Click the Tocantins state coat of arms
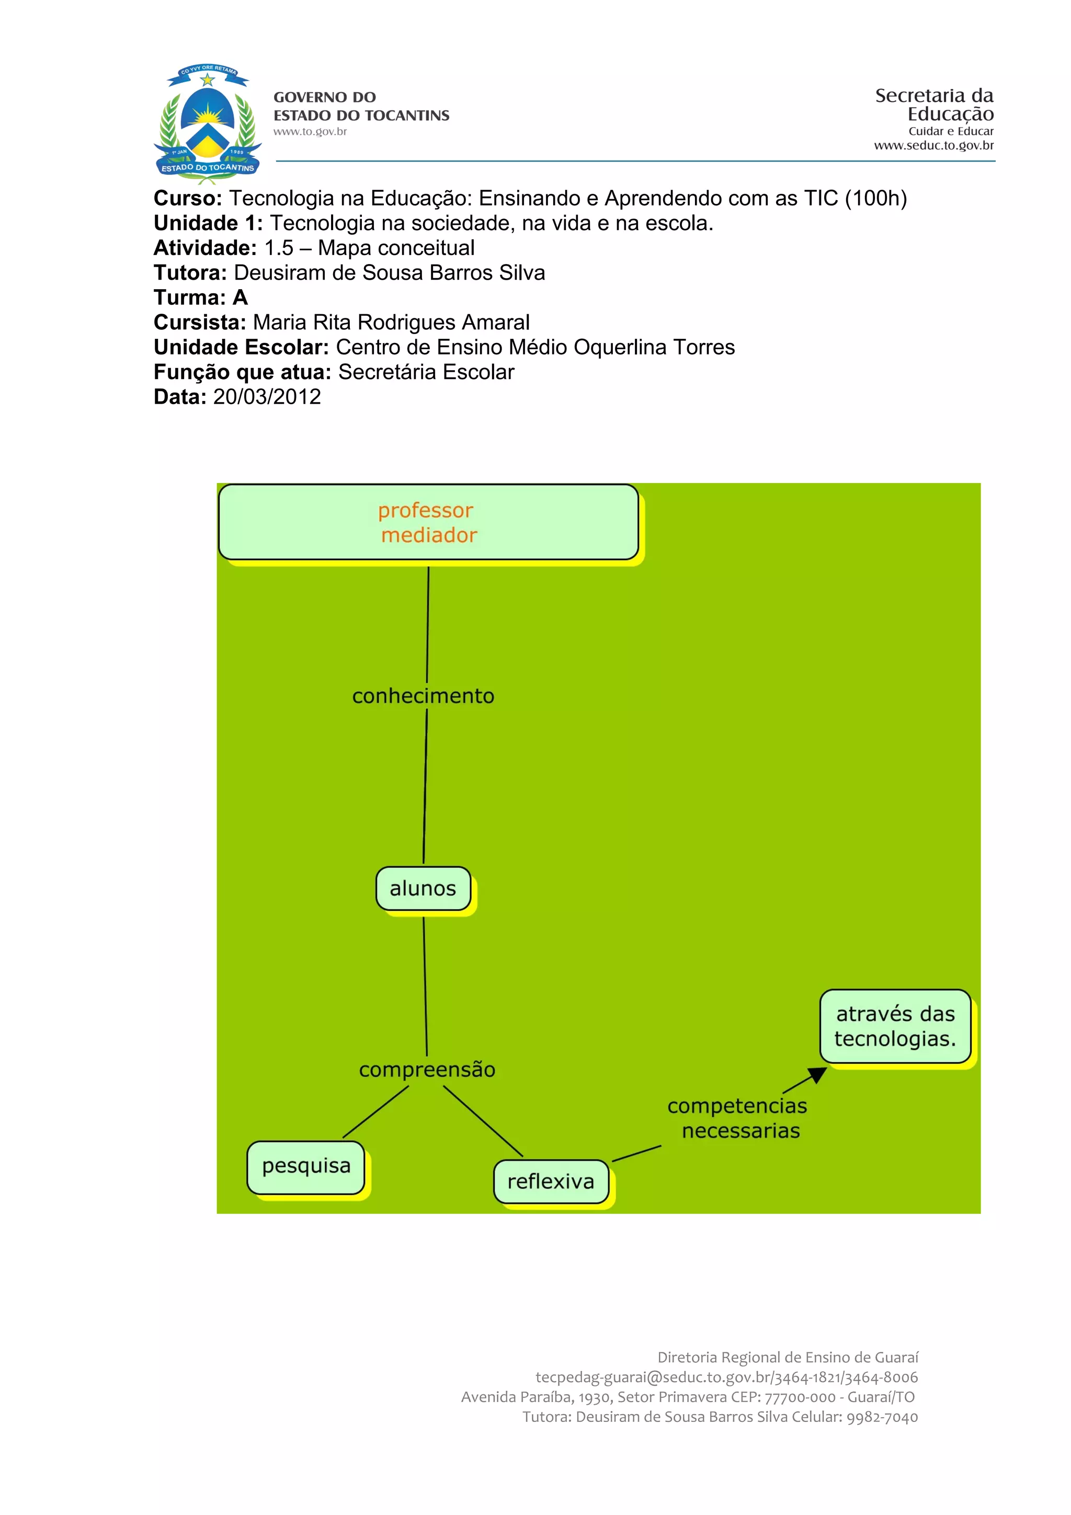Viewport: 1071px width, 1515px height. pos(207,123)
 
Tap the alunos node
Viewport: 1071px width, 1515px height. pos(423,888)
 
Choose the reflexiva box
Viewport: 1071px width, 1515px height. pos(551,1181)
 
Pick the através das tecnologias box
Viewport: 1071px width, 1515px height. pos(895,1026)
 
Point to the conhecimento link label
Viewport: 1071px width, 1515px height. pos(423,696)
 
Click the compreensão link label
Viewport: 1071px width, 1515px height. pos(427,1070)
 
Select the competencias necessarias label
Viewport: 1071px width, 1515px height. pos(738,1118)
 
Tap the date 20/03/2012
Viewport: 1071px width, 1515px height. pos(267,397)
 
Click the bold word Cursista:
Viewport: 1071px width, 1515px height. pos(199,323)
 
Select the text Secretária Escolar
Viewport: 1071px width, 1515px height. pos(426,372)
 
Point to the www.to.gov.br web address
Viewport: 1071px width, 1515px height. pos(310,131)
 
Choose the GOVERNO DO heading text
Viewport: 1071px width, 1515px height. pos(325,98)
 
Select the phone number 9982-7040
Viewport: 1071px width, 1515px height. pos(882,1417)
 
